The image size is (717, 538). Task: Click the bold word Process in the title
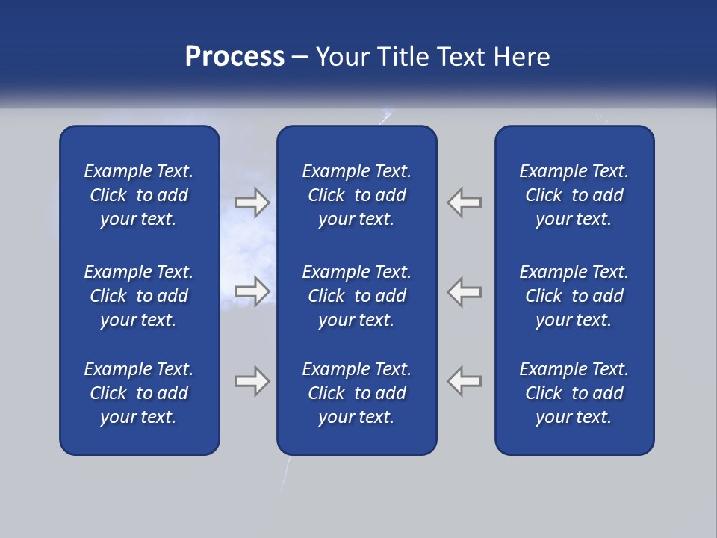click(x=235, y=57)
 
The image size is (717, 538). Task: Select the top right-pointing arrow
click(x=252, y=202)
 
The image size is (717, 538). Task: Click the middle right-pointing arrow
click(x=252, y=291)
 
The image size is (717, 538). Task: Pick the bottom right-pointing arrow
click(x=252, y=381)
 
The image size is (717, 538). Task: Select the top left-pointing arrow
click(x=465, y=202)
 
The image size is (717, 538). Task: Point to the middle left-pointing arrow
click(x=465, y=291)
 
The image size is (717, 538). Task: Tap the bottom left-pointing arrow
click(x=465, y=381)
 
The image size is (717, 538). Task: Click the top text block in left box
click(x=139, y=195)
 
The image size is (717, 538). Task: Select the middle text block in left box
click(x=139, y=296)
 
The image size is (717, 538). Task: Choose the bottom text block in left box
click(x=139, y=393)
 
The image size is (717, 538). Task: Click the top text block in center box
click(x=357, y=195)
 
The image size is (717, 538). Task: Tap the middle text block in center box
click(x=357, y=296)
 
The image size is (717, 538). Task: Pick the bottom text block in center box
click(x=357, y=393)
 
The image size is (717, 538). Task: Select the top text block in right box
click(x=574, y=195)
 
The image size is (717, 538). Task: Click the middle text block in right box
click(x=574, y=296)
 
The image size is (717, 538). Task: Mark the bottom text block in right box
click(x=574, y=393)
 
